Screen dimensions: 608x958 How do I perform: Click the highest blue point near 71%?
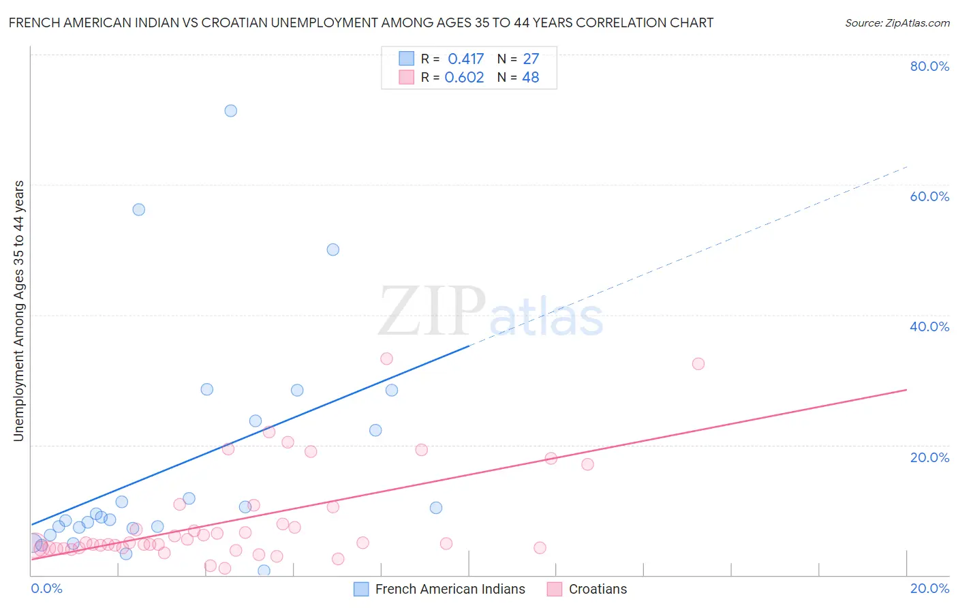coord(231,110)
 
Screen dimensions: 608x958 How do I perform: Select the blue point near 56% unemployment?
coord(138,209)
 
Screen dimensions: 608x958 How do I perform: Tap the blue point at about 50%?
coord(333,249)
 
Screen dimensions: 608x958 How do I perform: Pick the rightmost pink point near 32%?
coord(698,363)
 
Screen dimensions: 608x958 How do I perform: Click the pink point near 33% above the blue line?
coord(386,359)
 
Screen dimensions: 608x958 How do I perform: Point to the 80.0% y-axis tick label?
coord(929,66)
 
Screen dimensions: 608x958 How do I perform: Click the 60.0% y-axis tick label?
coord(929,196)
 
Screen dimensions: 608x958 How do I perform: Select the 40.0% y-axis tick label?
coord(929,326)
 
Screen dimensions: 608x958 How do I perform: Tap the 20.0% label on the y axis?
coord(929,457)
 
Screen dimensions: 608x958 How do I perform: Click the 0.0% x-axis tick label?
coord(46,588)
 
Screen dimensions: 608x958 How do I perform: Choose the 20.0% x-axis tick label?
coord(929,588)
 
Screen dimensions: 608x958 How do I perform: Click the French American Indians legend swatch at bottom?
coord(361,589)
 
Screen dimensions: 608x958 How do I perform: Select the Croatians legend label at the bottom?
coord(598,589)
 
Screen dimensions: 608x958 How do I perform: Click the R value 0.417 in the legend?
coord(465,59)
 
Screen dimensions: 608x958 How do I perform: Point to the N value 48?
coord(530,77)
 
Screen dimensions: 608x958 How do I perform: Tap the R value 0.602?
coord(464,77)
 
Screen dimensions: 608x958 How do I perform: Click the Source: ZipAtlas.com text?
coord(897,22)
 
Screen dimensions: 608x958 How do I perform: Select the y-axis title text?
coord(18,311)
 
